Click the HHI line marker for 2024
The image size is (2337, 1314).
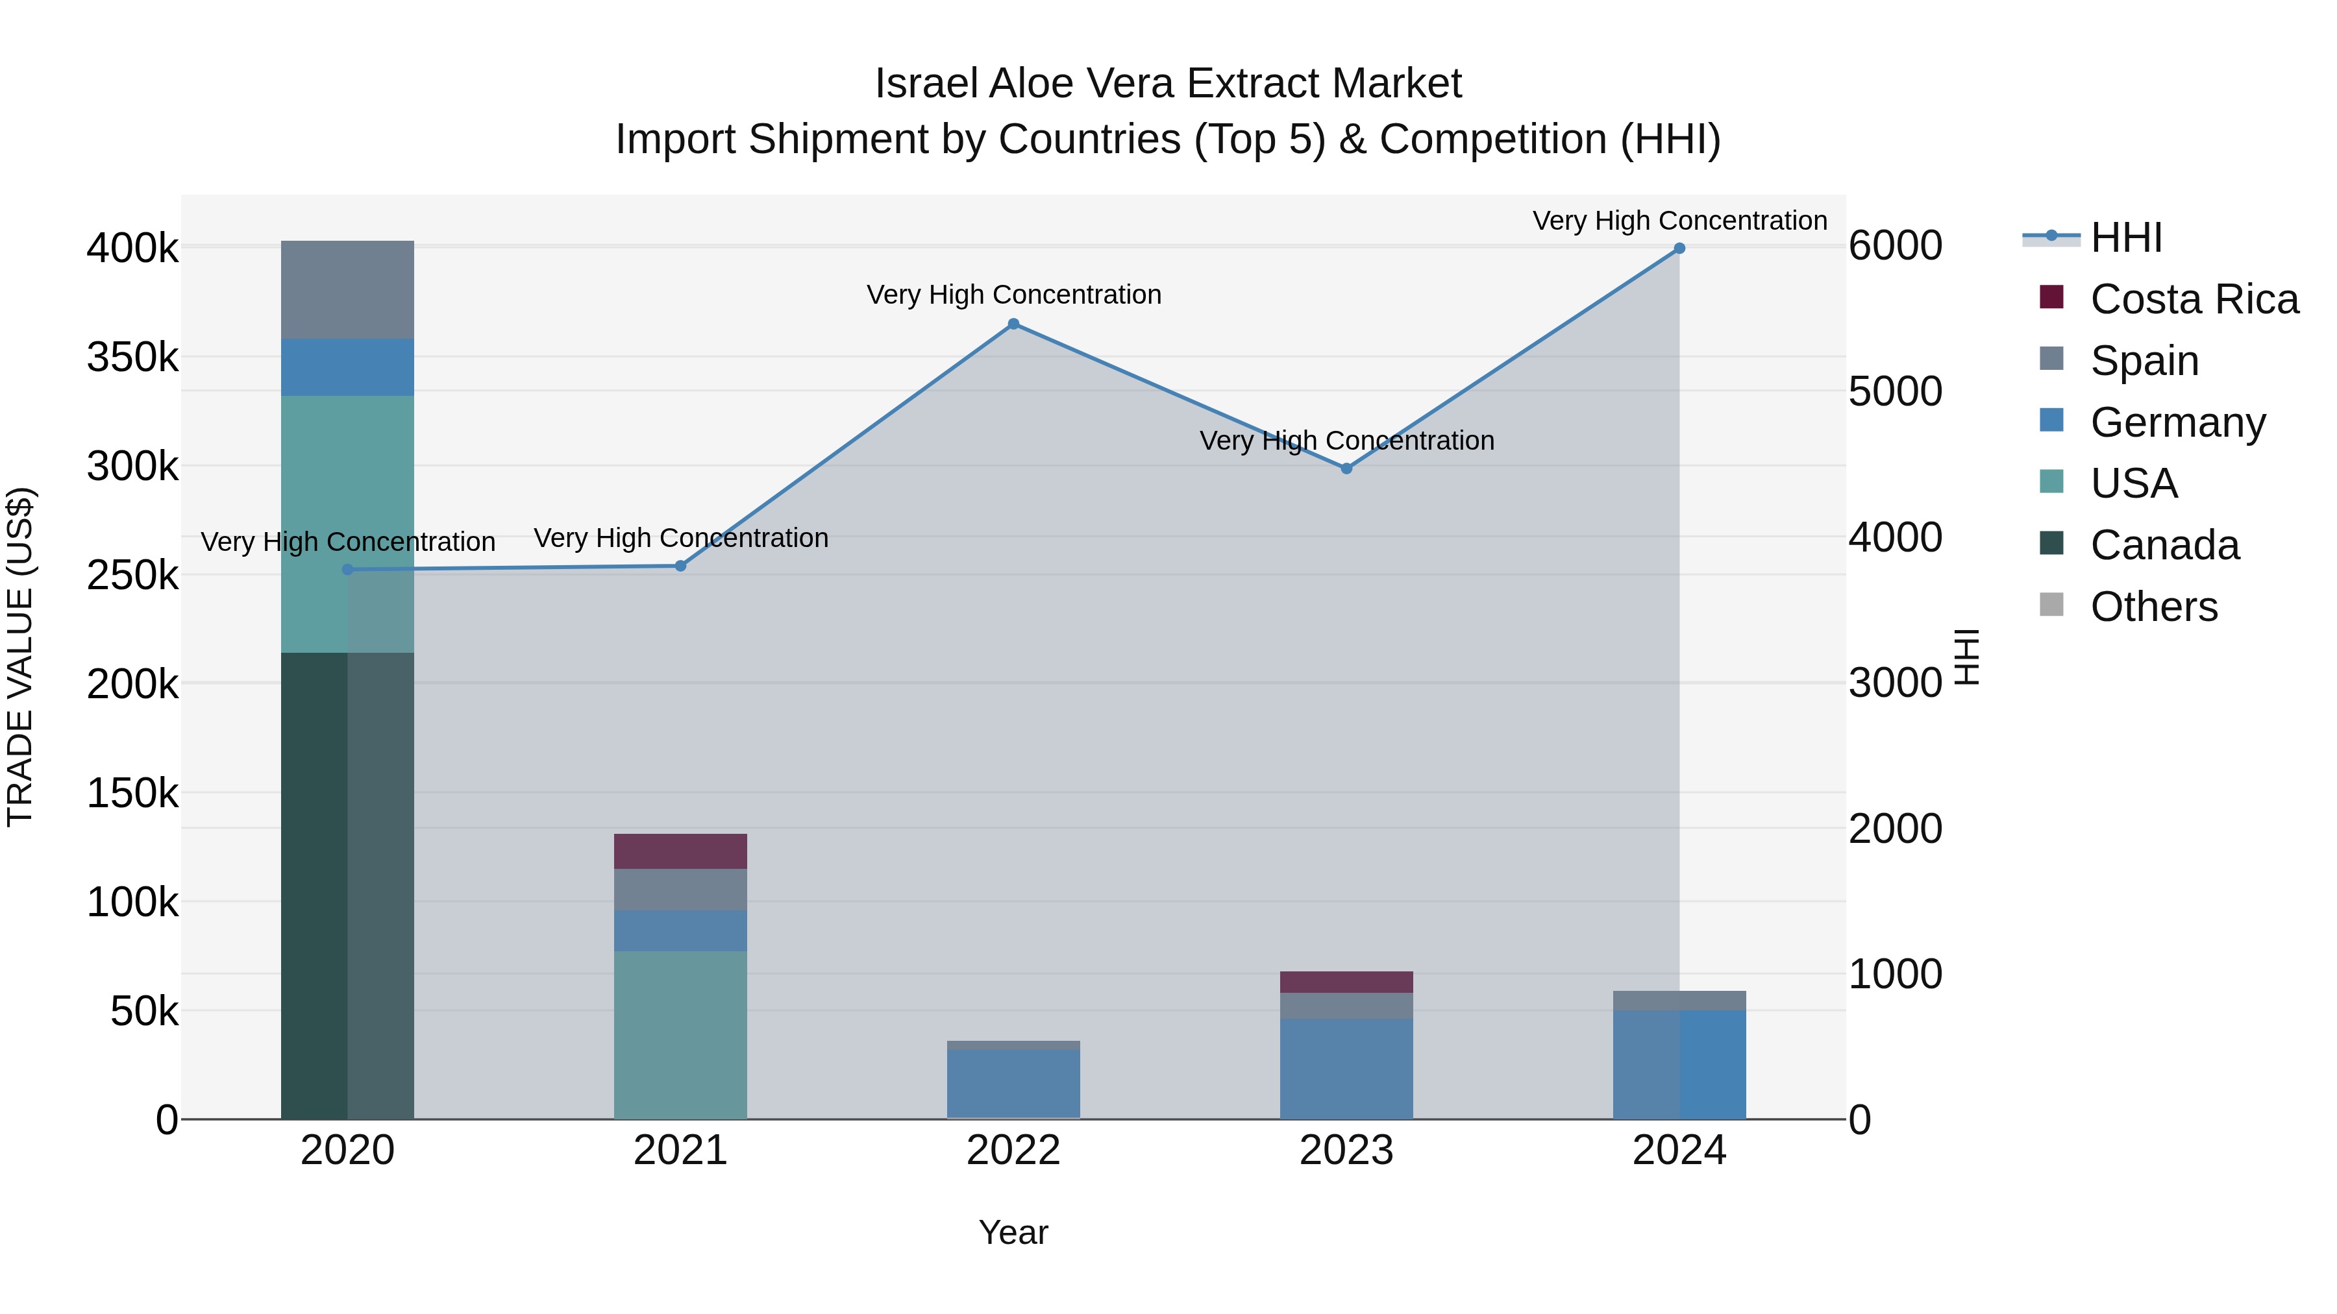click(x=1679, y=249)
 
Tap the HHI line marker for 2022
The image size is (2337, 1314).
click(x=1013, y=324)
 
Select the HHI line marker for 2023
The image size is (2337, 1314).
click(x=1346, y=469)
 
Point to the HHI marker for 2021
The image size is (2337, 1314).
click(x=680, y=566)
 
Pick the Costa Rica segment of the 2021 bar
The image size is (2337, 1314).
click(x=680, y=851)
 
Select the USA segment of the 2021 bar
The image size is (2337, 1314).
click(x=680, y=1034)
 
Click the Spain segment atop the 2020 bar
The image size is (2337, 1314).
click(x=347, y=289)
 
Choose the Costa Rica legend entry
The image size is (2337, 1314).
click(x=2194, y=299)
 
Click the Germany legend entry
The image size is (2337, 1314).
click(x=2177, y=422)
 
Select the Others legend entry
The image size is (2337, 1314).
click(x=2154, y=607)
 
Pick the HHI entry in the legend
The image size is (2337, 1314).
click(x=2125, y=237)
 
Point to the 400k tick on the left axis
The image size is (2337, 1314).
click(x=132, y=248)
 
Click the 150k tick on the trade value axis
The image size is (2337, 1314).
click(x=132, y=794)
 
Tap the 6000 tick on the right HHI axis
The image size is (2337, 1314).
click(x=1895, y=246)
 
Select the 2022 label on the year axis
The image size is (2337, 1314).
click(x=1013, y=1150)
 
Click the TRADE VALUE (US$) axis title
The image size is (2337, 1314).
click(x=21, y=657)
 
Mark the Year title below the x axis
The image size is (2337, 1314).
click(x=1013, y=1232)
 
